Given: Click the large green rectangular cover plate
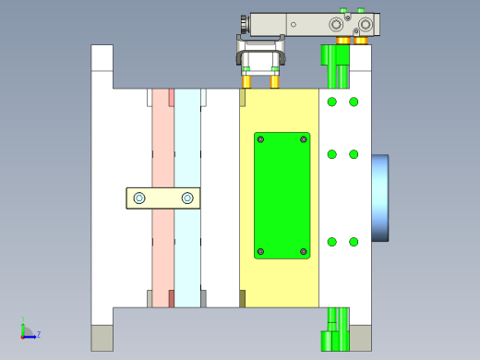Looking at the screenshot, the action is pyautogui.click(x=282, y=196).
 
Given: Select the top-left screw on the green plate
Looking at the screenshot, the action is pyautogui.click(x=260, y=139).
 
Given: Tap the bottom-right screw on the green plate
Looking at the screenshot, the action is pyautogui.click(x=304, y=252).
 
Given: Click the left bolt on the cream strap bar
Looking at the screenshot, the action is pyautogui.click(x=139, y=198).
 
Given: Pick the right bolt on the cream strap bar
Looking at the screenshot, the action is pyautogui.click(x=187, y=198).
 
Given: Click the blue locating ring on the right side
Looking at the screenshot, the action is pyautogui.click(x=380, y=198).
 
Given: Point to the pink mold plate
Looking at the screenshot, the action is pyautogui.click(x=163, y=198).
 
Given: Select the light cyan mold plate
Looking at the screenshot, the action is pyautogui.click(x=187, y=198).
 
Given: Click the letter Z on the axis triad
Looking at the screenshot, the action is pyautogui.click(x=39, y=334).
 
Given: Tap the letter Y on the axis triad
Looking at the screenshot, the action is pyautogui.click(x=23, y=318).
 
